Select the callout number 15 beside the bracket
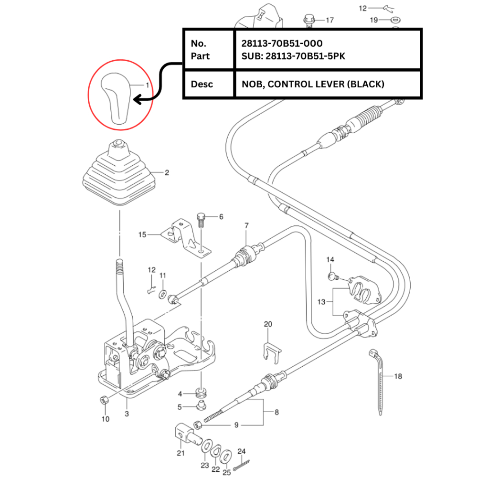(x=142, y=234)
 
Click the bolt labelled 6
(x=201, y=220)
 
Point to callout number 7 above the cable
(x=246, y=225)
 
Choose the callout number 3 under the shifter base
(x=127, y=414)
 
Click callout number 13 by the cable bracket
(x=321, y=301)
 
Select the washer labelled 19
(x=396, y=20)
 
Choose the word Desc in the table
(x=202, y=85)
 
